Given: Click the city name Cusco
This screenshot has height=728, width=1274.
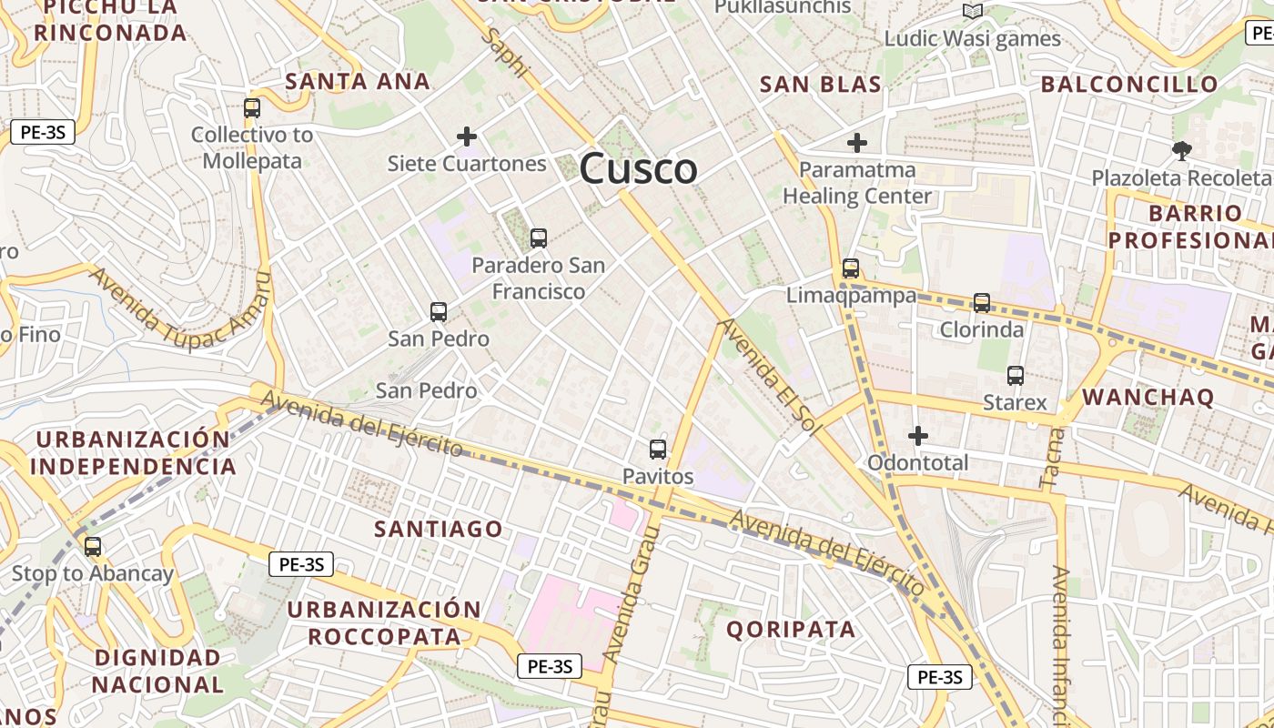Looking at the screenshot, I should coord(638,169).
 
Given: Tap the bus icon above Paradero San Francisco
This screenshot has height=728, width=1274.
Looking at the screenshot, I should coord(539,238).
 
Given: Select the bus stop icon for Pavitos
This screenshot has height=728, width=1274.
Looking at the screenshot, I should coord(658,450).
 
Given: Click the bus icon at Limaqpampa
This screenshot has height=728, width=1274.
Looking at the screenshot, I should coord(851,268).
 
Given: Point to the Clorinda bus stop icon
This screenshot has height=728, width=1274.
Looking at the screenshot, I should coord(982,303).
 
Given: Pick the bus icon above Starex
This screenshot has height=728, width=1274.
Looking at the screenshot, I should coord(1016,375).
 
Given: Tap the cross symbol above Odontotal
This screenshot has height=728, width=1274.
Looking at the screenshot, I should coord(918,436).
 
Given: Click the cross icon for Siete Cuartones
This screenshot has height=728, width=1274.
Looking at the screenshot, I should coord(467,137).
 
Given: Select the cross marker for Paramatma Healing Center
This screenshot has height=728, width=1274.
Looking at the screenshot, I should coord(857,143).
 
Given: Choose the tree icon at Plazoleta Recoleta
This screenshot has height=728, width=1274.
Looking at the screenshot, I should coord(1181,150).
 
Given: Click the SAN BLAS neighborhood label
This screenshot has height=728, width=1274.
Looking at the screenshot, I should coord(820,86).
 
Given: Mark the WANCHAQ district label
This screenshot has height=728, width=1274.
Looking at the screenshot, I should coord(1148,397).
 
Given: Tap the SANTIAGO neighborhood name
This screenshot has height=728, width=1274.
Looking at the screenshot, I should coord(439,529).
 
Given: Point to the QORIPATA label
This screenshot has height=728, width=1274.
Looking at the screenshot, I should coord(791,629).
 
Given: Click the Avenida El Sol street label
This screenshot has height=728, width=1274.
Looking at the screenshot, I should coord(770,376).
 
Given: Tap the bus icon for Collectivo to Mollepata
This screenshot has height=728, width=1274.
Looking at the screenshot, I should coord(252,108).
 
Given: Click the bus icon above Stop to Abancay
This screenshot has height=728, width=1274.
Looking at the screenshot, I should coord(93,547).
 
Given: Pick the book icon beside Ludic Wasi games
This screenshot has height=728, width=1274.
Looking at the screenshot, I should coord(973,11).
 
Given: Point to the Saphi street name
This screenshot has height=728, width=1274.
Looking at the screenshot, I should coord(507,52).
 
